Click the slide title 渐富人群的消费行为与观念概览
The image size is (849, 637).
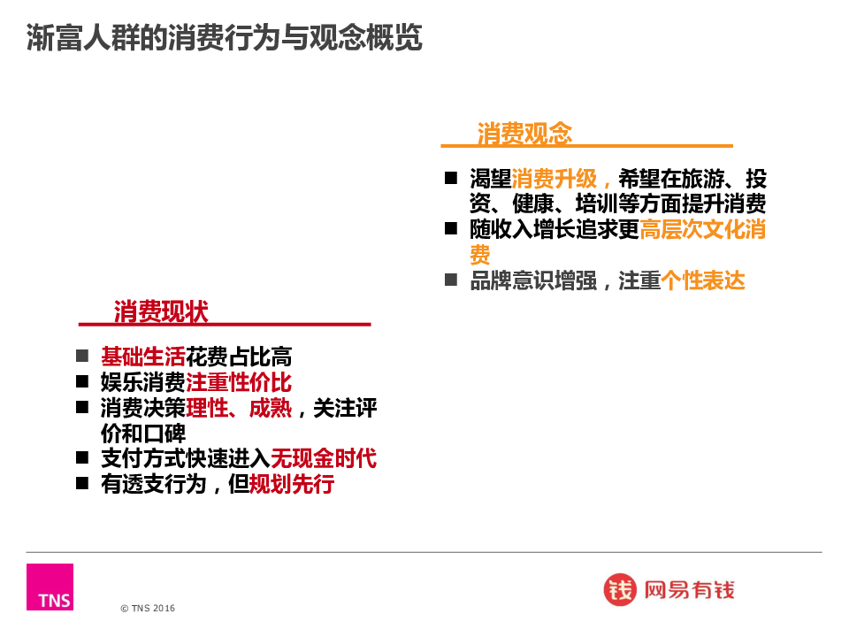(x=224, y=37)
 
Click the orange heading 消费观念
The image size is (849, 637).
(x=524, y=133)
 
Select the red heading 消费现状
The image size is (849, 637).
(x=161, y=311)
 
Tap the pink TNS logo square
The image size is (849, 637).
(x=50, y=587)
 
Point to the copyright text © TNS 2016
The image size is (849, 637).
(x=148, y=609)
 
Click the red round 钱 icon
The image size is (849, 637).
(x=620, y=589)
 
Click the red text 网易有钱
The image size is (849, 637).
(x=689, y=590)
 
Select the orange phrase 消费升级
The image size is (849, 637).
(x=554, y=178)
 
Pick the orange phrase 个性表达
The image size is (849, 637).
(x=703, y=280)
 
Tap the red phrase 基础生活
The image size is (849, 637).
(x=143, y=357)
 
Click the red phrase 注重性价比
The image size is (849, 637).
(x=239, y=382)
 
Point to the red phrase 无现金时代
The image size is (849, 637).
(x=324, y=458)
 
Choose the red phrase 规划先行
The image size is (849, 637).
(x=291, y=484)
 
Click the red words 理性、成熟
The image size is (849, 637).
(x=239, y=408)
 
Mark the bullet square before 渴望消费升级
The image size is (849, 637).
(x=451, y=178)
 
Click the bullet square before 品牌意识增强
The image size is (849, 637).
(x=451, y=280)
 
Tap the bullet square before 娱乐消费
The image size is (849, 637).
(x=82, y=381)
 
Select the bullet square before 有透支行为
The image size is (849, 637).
(x=82, y=483)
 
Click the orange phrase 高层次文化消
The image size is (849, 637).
(x=703, y=229)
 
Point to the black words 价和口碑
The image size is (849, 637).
(x=143, y=434)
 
